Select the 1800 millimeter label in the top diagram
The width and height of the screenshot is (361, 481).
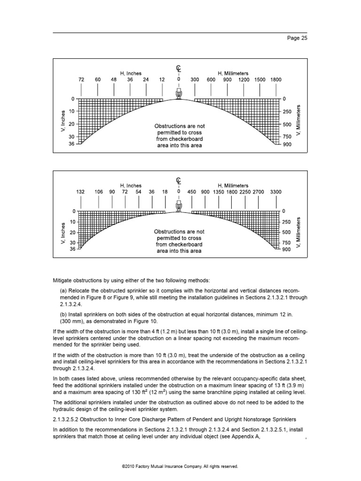275,80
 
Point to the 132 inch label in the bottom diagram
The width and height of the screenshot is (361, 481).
80,192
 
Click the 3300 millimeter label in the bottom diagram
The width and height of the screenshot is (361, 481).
276,192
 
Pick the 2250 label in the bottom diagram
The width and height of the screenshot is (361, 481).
245,192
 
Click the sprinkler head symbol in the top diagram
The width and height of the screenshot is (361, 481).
179,94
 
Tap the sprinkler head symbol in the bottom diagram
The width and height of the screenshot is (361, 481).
179,206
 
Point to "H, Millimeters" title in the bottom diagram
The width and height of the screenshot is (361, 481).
233,186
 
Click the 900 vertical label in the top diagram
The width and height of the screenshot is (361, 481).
287,144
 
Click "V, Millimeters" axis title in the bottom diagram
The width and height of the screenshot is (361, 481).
298,232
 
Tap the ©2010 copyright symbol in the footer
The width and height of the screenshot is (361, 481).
123,466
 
